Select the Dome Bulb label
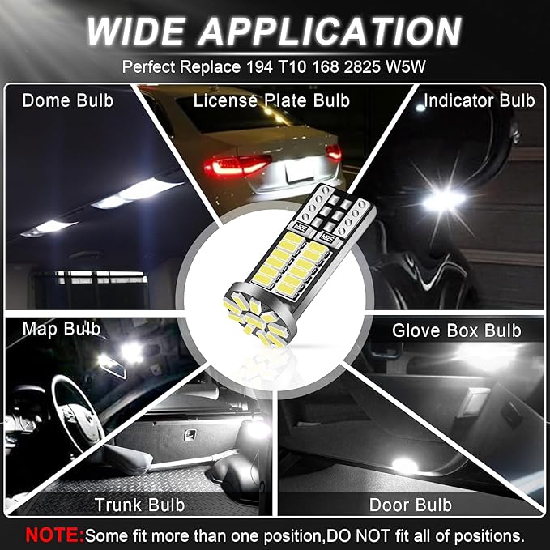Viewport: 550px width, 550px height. (68, 100)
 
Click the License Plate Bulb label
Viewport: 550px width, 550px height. (271, 100)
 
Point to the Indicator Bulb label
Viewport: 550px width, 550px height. (480, 100)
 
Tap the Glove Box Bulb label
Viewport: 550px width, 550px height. (457, 330)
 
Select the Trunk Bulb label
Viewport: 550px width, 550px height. (139, 505)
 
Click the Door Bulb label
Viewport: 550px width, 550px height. (411, 505)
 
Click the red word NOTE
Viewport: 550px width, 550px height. (54, 535)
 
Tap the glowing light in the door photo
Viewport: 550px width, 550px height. (402, 465)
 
